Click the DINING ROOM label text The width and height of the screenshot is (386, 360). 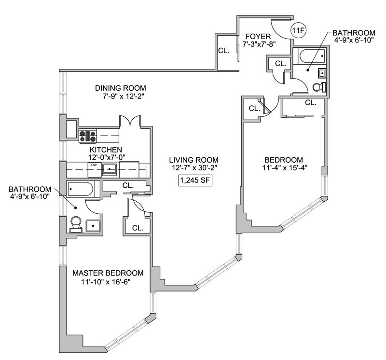[120, 88]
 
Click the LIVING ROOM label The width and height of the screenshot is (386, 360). [194, 160]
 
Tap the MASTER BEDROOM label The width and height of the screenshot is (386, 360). [108, 273]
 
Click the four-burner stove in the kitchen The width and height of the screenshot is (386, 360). [88, 136]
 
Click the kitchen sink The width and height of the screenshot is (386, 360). [111, 169]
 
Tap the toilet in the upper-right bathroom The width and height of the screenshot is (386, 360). [319, 87]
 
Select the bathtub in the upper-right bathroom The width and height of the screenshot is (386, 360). [311, 57]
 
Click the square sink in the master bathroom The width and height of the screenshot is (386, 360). [93, 225]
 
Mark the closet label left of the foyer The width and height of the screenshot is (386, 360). [223, 50]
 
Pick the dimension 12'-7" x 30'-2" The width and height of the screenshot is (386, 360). [194, 168]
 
